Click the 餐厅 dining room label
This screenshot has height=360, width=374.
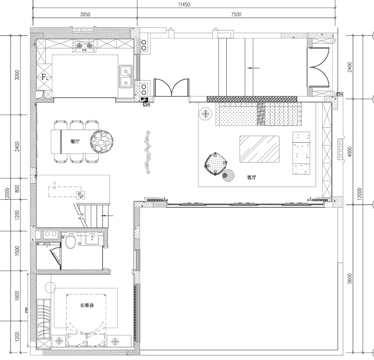75,141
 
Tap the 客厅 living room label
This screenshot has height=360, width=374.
251,177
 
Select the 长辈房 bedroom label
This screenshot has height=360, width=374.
87,305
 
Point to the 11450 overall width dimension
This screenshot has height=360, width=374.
184,4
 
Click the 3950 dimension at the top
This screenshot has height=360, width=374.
85,14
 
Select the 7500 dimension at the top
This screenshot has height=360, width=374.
236,14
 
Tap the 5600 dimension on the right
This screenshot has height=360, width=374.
349,278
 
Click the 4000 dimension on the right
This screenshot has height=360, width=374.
349,152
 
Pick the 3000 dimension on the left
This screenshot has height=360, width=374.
17,75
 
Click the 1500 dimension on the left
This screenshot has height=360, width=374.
17,251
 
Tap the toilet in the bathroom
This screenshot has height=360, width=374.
70,242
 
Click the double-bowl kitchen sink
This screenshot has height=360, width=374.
126,76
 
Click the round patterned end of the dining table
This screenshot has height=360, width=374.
101,141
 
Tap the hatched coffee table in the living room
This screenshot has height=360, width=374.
259,149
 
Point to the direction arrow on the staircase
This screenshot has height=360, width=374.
107,216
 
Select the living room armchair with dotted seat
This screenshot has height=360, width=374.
216,164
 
